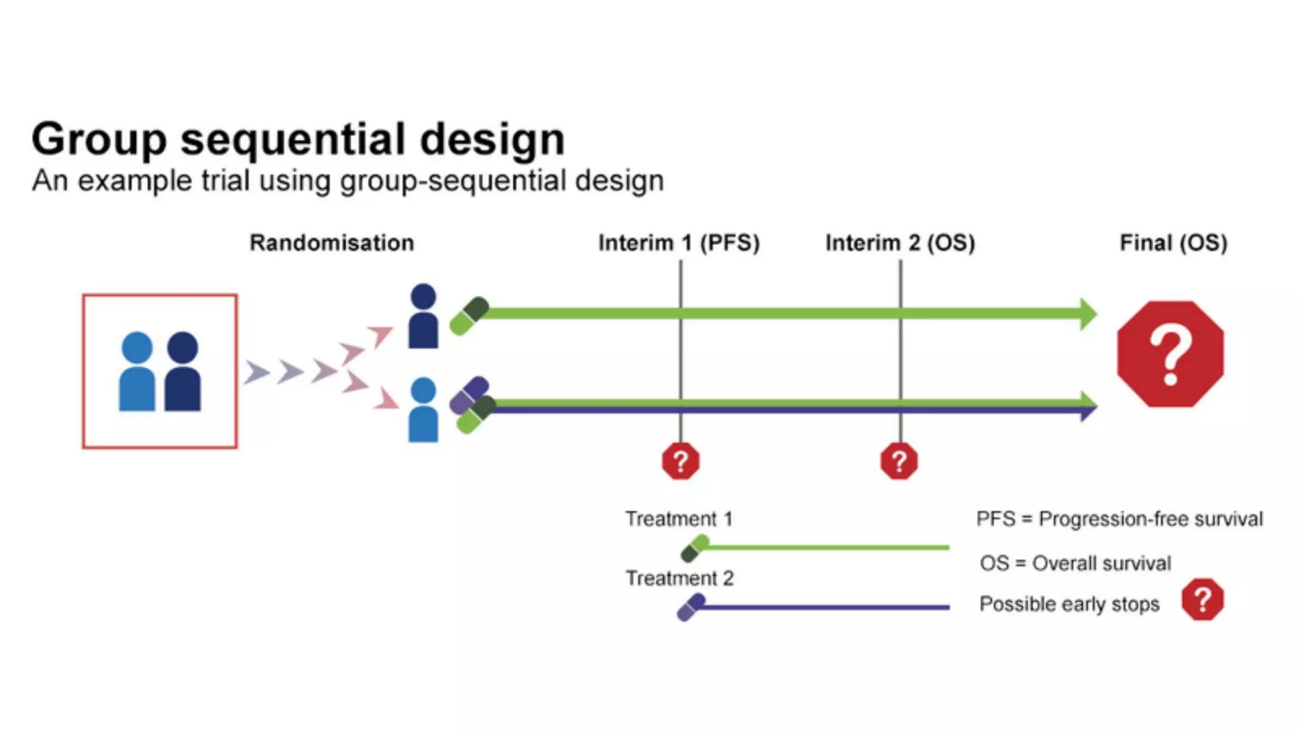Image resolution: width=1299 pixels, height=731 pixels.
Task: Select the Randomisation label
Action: pyautogui.click(x=332, y=243)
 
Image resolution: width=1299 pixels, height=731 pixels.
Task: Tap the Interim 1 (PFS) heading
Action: pyautogui.click(x=679, y=243)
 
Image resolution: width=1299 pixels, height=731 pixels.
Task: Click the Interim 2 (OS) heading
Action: pyautogui.click(x=900, y=243)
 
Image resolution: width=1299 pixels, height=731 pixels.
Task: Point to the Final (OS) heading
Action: pyautogui.click(x=1173, y=243)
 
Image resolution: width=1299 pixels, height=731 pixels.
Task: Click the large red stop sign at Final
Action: pyautogui.click(x=1170, y=354)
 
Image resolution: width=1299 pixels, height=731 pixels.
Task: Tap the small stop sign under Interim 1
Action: pyautogui.click(x=681, y=461)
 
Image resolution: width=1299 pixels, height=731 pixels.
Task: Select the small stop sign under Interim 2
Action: pyautogui.click(x=899, y=461)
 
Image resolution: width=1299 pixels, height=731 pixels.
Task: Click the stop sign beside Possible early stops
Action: pyautogui.click(x=1203, y=600)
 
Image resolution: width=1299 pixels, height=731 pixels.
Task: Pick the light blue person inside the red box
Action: pyautogui.click(x=137, y=373)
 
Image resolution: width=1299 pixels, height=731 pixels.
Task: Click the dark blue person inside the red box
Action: pyautogui.click(x=183, y=373)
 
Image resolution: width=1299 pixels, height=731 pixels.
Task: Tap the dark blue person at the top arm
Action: pyautogui.click(x=423, y=317)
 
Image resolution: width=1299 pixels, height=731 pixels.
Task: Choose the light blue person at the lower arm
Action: pyautogui.click(x=423, y=410)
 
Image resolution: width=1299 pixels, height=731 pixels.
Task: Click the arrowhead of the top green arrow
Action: pyautogui.click(x=1088, y=313)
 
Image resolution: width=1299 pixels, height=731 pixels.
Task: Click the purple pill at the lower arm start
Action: pyautogui.click(x=469, y=395)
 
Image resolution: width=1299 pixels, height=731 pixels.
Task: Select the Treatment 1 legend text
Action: pyautogui.click(x=679, y=519)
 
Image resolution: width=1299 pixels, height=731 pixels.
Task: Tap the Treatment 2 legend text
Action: pyautogui.click(x=679, y=579)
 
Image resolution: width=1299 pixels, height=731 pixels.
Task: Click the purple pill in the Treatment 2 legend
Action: pyautogui.click(x=691, y=607)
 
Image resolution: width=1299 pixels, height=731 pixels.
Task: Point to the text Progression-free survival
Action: pyautogui.click(x=1151, y=519)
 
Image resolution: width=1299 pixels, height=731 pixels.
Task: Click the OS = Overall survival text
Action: pyautogui.click(x=1075, y=563)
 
